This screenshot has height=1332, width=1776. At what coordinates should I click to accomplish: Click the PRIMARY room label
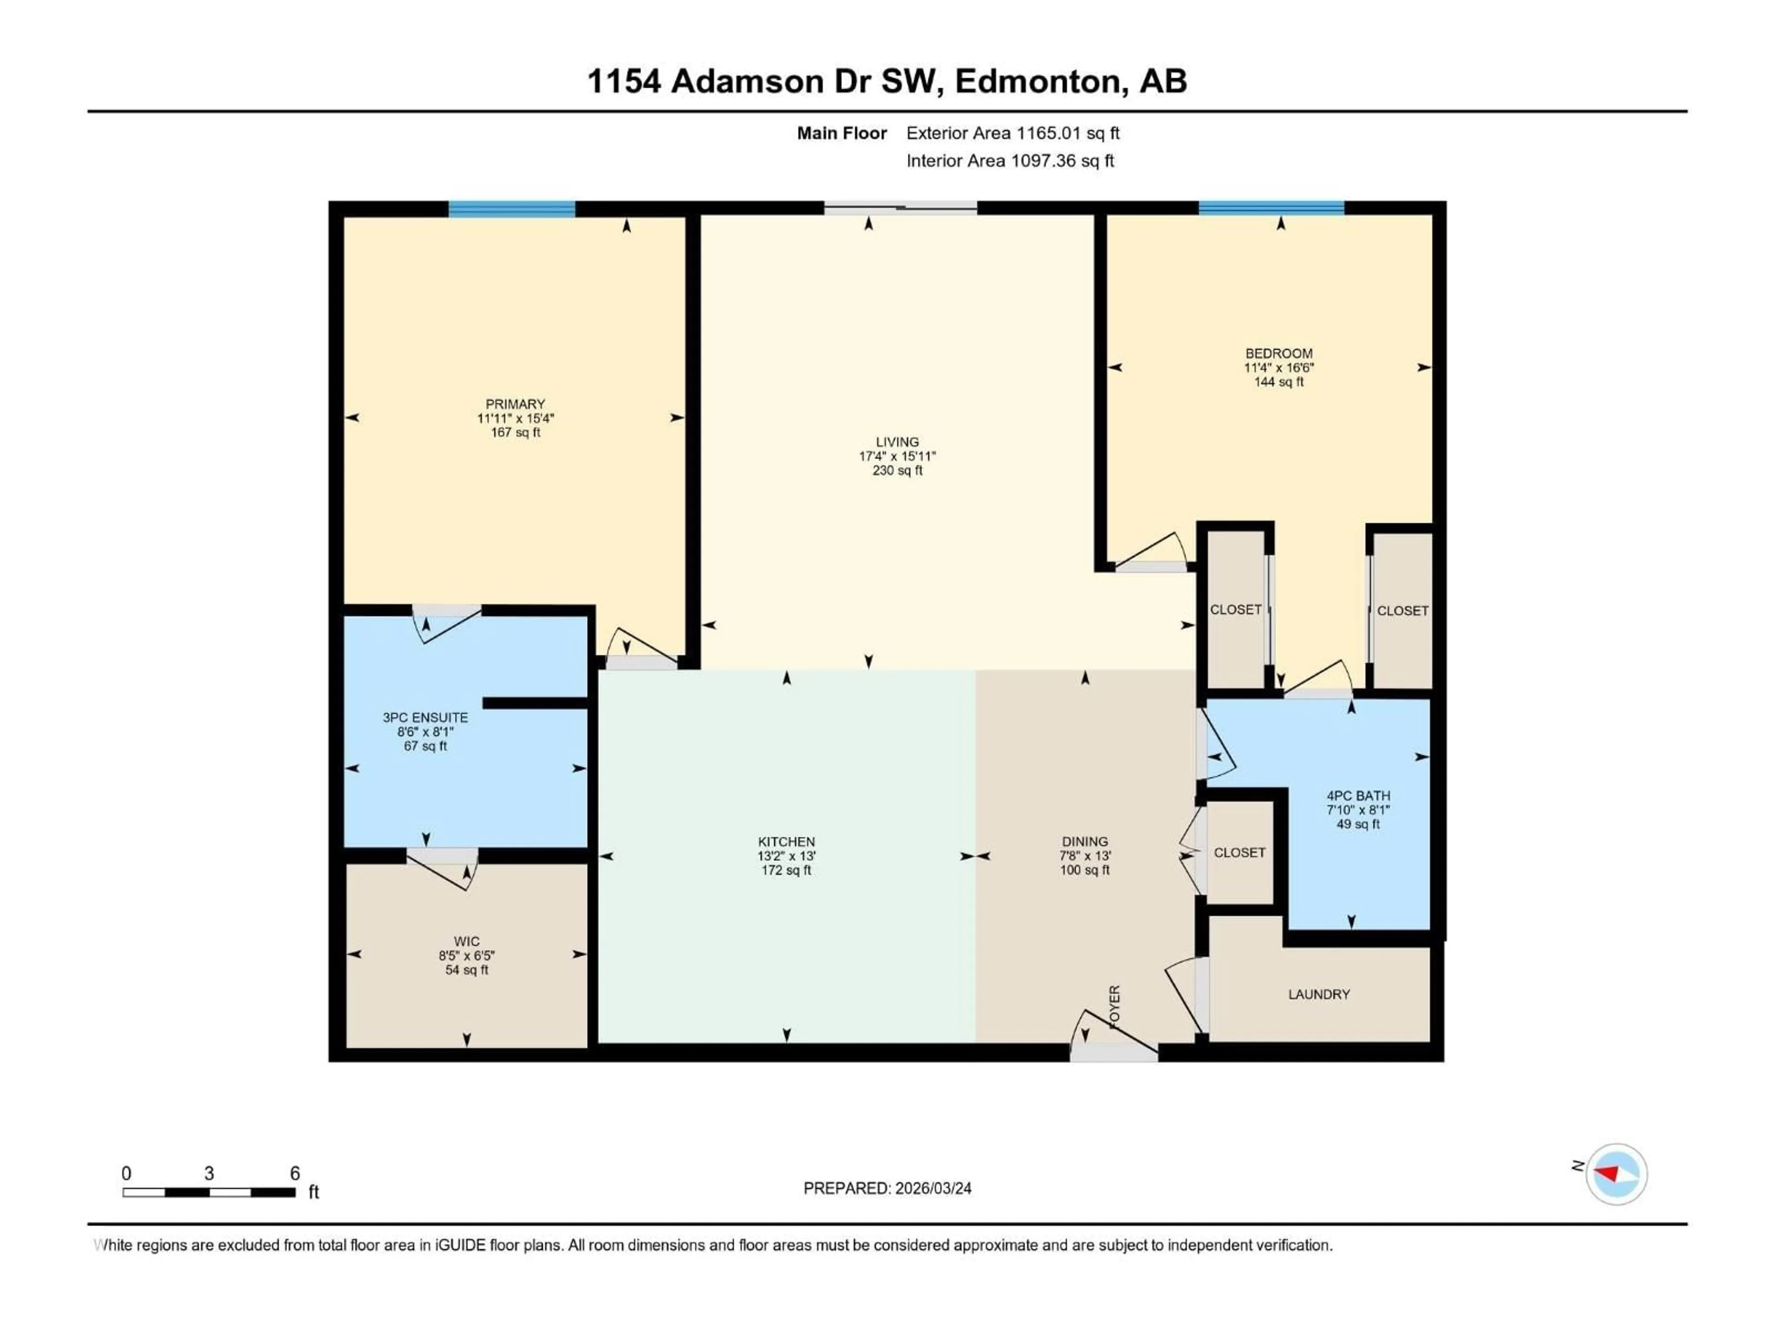[515, 404]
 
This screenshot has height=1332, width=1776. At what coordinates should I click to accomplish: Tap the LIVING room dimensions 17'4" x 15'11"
[897, 456]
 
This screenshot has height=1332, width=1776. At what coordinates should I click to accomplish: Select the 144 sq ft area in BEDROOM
[1278, 382]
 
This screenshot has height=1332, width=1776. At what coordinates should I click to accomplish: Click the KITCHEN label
[786, 841]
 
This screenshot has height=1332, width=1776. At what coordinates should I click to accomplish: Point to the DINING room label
[1084, 841]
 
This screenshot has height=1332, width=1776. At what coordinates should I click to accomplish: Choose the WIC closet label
[467, 941]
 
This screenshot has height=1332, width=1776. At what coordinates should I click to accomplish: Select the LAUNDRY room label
[1318, 994]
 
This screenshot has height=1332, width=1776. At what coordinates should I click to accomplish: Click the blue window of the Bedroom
[1271, 209]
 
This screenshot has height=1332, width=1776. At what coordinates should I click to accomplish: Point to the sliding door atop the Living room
[900, 209]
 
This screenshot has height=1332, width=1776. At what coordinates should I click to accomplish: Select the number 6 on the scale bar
[295, 1173]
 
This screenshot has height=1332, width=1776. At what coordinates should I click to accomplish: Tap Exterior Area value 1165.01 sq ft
[1067, 133]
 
